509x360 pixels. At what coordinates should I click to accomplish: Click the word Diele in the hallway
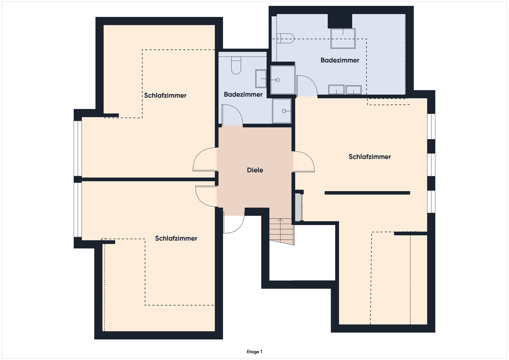tap(255, 170)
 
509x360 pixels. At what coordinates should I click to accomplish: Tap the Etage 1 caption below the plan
tap(254, 352)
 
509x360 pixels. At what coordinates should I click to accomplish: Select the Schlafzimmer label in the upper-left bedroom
tap(165, 95)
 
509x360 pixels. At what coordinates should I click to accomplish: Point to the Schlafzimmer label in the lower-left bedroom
tap(176, 239)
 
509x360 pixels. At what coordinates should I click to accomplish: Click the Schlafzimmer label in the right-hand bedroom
tap(370, 157)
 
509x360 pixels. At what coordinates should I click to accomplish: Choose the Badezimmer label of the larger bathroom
tap(340, 60)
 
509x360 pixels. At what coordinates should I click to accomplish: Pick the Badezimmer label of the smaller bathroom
tap(243, 94)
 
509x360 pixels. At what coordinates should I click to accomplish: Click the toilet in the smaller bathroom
tap(236, 65)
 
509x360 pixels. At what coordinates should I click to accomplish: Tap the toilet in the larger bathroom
tap(285, 38)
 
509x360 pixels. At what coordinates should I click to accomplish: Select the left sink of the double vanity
tap(336, 90)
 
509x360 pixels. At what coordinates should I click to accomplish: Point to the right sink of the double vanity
tap(354, 90)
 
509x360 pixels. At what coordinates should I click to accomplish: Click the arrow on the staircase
tap(280, 230)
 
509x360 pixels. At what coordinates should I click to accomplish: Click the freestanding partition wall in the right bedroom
tap(367, 193)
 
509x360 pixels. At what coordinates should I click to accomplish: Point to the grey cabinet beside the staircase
tap(299, 207)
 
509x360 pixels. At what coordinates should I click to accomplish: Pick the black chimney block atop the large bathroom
tap(340, 21)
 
